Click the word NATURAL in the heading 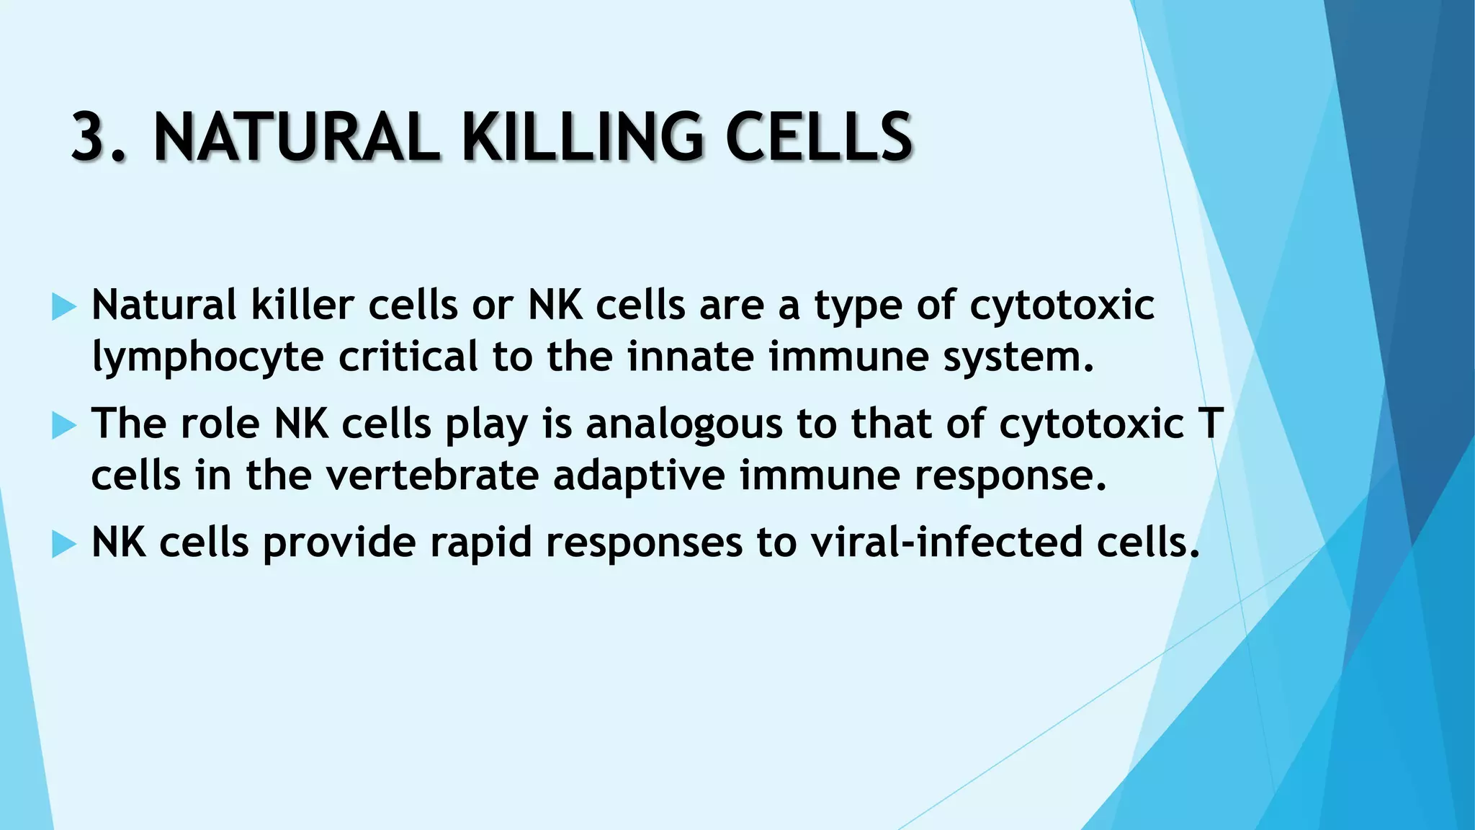[x=295, y=137]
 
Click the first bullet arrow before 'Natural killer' [x=64, y=308]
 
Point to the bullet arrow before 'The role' [x=64, y=427]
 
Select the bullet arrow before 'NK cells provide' [x=64, y=545]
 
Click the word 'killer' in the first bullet [x=302, y=305]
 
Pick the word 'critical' [x=408, y=357]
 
